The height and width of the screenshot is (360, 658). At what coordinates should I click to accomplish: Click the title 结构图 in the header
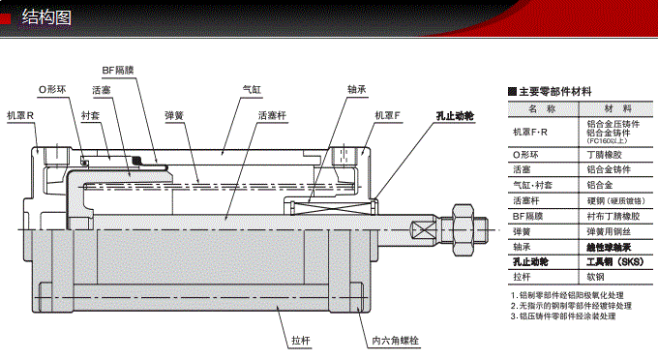click(x=46, y=16)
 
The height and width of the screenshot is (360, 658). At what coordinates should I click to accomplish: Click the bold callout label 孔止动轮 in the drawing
click(x=454, y=116)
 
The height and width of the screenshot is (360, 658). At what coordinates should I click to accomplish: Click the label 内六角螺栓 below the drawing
click(x=394, y=341)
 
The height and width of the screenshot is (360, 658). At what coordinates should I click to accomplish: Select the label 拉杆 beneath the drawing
click(x=299, y=341)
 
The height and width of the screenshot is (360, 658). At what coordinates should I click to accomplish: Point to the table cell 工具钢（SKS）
click(x=618, y=260)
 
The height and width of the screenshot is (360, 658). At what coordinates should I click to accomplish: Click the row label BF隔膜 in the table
click(x=528, y=216)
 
